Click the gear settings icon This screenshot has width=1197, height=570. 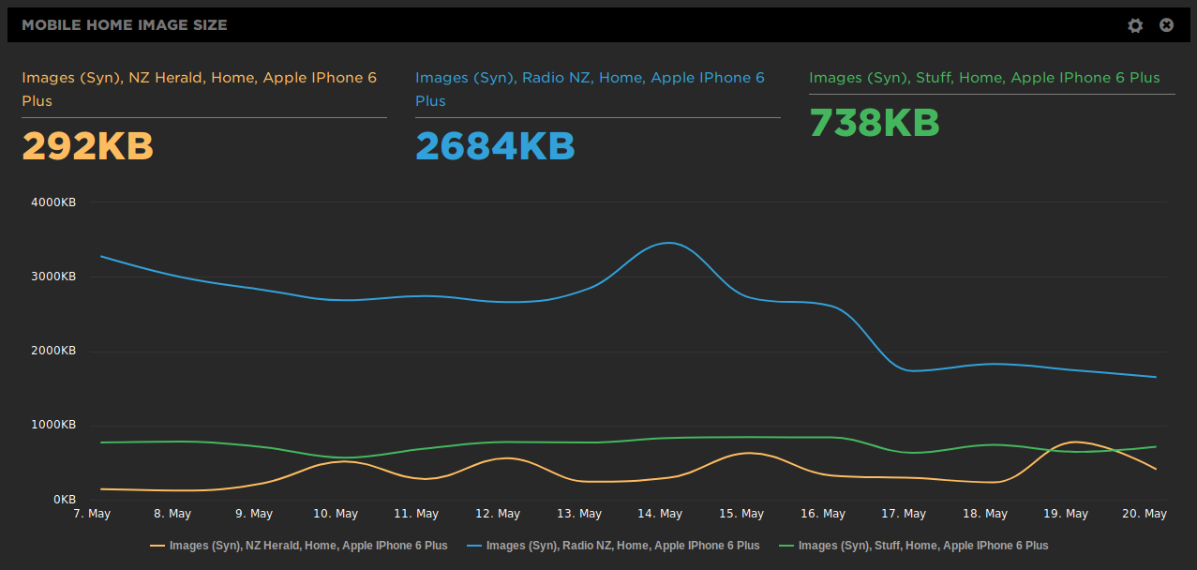coord(1135,25)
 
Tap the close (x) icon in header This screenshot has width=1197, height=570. coord(1166,25)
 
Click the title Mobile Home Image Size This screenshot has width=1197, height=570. coord(125,25)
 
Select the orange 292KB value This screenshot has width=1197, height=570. coord(87,146)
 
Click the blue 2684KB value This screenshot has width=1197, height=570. coord(495,146)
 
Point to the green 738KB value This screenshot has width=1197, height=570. coord(874,123)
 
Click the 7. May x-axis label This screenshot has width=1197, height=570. coord(92,514)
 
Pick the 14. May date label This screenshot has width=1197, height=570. coord(659,514)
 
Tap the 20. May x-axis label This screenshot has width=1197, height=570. coord(1144,514)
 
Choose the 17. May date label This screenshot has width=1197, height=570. coord(902,514)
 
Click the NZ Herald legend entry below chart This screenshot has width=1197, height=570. coord(299,546)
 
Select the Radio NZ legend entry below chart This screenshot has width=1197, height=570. coord(613,546)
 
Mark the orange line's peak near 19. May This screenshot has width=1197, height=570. coord(1074,442)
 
